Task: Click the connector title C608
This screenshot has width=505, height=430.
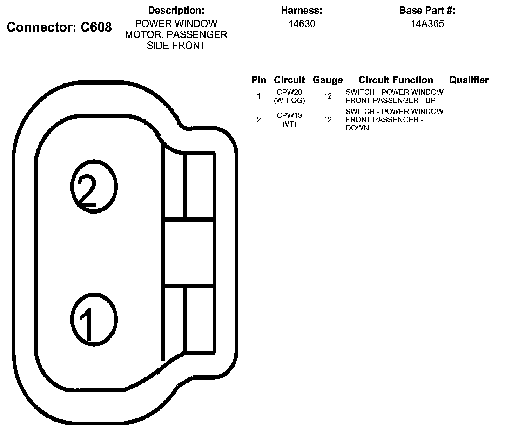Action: point(59,27)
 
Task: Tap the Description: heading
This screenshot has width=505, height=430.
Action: point(176,11)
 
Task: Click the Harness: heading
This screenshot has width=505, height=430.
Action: point(302,11)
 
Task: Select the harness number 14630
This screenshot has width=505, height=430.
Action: point(302,24)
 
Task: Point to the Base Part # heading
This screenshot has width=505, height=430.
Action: point(427,11)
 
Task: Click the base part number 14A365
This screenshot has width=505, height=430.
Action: point(427,24)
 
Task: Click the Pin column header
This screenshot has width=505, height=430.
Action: point(258,80)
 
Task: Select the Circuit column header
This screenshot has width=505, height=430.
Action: point(289,80)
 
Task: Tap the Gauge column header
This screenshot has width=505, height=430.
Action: point(328,80)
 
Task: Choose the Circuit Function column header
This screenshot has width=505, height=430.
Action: point(396,80)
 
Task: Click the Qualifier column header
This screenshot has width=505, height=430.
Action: point(469,80)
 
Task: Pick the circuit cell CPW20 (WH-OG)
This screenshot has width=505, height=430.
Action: point(289,96)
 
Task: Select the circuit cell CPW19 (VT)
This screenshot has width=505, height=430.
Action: point(289,120)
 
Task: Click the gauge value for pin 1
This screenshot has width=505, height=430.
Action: point(328,96)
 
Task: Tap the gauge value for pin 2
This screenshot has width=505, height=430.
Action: point(328,120)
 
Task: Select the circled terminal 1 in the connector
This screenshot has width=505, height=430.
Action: point(93,319)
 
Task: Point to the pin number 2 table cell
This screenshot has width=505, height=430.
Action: point(258,120)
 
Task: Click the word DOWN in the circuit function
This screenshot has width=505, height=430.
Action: point(357,128)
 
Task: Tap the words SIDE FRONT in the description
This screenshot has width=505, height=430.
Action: point(176,46)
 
